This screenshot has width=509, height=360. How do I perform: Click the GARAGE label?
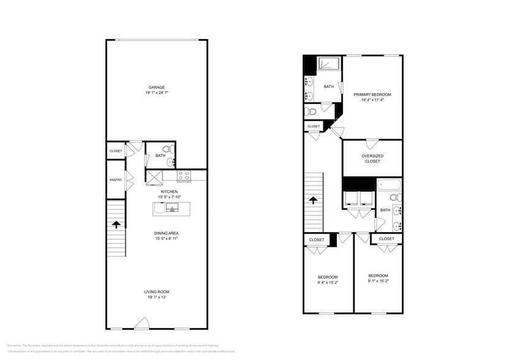[156, 87]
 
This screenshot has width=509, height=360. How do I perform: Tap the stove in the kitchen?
[184, 176]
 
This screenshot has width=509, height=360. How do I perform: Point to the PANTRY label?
[115, 180]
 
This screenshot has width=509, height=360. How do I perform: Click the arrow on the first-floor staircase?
[115, 225]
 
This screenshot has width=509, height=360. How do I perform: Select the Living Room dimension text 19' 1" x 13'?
[156, 298]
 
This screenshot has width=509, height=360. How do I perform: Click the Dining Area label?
[166, 233]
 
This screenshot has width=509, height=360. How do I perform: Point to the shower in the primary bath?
[330, 64]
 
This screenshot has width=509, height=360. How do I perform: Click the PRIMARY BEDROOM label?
[372, 94]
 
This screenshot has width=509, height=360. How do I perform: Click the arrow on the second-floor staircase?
[314, 200]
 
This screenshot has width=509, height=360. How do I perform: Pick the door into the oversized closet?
[371, 144]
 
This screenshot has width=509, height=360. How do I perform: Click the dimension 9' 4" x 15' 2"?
[327, 283]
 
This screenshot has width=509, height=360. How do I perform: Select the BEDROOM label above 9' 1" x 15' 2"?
[378, 276]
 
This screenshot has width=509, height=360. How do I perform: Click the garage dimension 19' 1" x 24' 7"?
[156, 93]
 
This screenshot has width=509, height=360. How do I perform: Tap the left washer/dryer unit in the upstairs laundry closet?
[352, 198]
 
